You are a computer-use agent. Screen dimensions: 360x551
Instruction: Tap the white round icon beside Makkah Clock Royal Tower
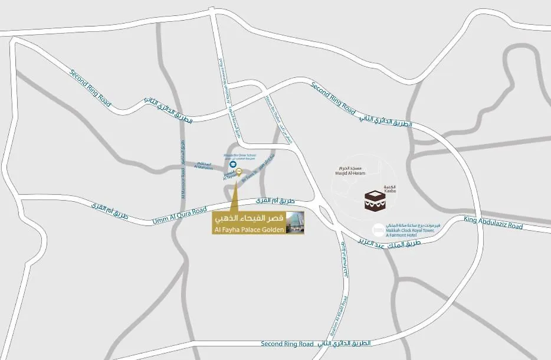coord(377,229)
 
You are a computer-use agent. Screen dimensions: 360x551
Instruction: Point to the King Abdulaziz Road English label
coord(493,223)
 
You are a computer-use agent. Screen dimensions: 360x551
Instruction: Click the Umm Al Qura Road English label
coord(179,215)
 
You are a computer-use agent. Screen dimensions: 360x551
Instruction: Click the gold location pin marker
coord(238,172)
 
